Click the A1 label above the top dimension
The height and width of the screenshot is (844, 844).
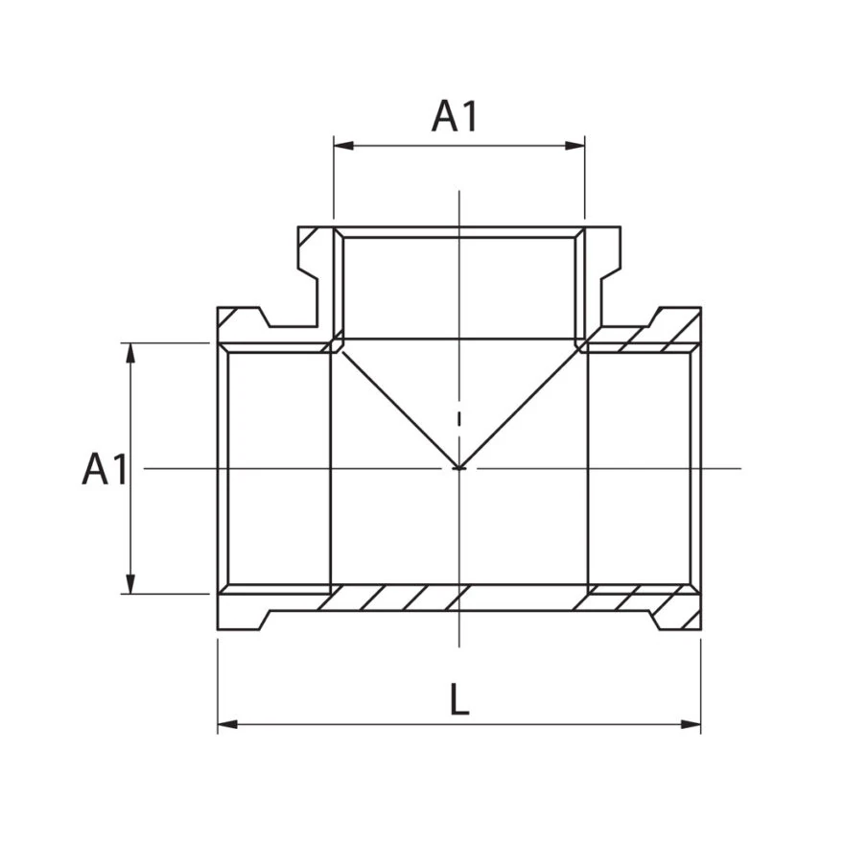(455, 117)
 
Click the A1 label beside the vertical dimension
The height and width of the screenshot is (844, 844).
(105, 469)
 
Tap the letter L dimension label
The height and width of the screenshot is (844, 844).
(459, 699)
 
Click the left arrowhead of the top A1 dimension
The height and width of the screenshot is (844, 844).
(343, 146)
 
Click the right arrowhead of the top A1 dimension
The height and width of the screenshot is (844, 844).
(574, 146)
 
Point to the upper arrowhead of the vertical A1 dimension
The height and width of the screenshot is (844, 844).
(130, 353)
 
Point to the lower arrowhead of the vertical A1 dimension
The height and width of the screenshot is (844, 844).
(130, 584)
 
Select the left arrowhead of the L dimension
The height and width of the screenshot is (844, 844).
(227, 724)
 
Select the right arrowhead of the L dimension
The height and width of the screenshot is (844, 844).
(692, 724)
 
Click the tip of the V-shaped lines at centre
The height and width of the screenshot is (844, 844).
(459, 468)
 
